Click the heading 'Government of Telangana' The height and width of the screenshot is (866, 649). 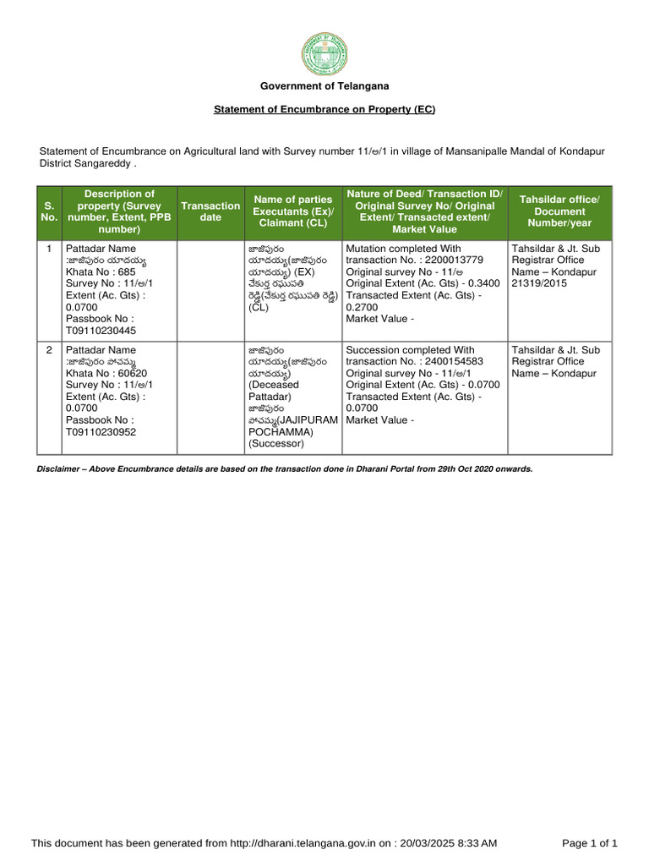click(324, 86)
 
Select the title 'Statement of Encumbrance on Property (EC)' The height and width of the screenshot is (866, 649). click(324, 110)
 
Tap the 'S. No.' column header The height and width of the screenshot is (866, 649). click(49, 211)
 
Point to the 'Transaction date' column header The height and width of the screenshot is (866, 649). click(210, 211)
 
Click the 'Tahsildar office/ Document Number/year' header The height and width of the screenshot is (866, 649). click(559, 211)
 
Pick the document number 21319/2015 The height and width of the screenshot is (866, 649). click(540, 284)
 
